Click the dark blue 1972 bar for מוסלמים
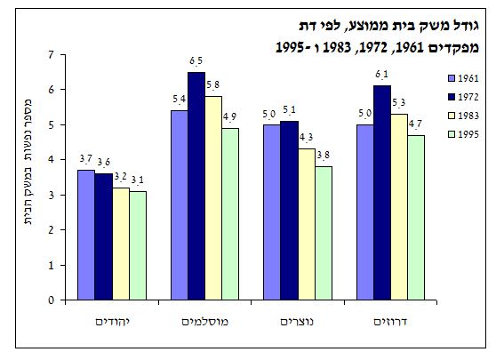pos(196,186)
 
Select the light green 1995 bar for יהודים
pos(137,245)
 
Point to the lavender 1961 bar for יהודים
pos(84,235)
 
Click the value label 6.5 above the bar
pos(196,60)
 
